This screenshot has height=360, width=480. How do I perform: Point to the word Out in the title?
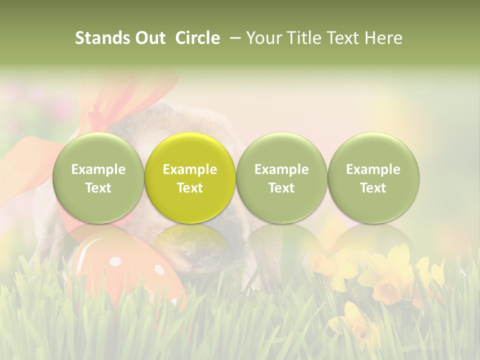[x=148, y=38]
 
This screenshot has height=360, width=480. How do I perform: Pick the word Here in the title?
[x=384, y=38]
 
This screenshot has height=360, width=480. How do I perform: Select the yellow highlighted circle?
[x=190, y=178]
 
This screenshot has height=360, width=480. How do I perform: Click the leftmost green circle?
[x=98, y=178]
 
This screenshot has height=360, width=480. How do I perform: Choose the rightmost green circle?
[x=373, y=178]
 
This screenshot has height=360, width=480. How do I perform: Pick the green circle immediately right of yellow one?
[x=281, y=178]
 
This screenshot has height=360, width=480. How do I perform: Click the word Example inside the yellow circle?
[x=190, y=169]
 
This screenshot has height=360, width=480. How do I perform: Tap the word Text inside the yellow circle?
[x=190, y=188]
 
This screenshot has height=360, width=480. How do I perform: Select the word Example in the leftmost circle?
[x=98, y=169]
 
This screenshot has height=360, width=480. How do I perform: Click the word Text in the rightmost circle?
[x=373, y=188]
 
